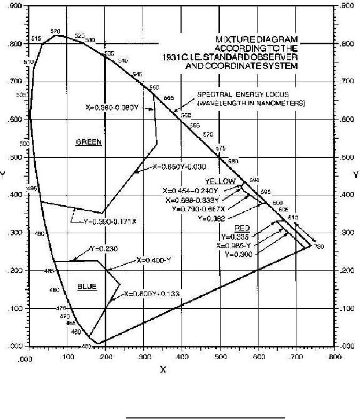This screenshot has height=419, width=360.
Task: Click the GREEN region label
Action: [89, 142]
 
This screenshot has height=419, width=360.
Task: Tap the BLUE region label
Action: [87, 287]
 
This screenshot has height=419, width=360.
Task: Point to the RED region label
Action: [242, 228]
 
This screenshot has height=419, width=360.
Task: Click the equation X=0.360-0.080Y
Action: [112, 107]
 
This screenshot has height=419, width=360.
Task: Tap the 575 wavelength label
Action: [221, 148]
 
